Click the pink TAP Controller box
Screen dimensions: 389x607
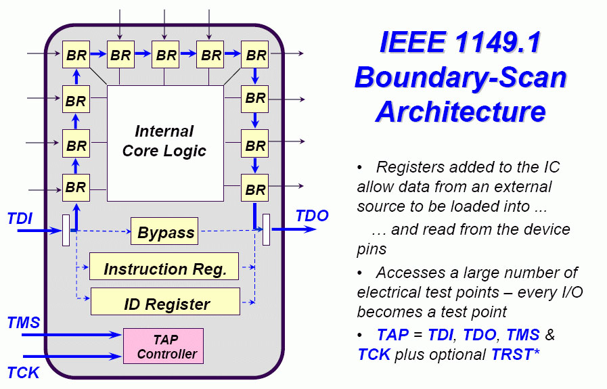163,346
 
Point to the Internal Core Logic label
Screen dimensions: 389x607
164,141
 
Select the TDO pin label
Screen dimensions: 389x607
312,216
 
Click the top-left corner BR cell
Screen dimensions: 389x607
76,55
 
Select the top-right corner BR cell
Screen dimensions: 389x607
255,55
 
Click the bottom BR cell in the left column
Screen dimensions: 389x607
76,187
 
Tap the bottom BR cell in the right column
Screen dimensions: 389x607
255,189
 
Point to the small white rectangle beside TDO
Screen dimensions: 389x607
267,231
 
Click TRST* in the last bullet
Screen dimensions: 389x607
516,354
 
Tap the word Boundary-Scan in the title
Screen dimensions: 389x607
461,77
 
